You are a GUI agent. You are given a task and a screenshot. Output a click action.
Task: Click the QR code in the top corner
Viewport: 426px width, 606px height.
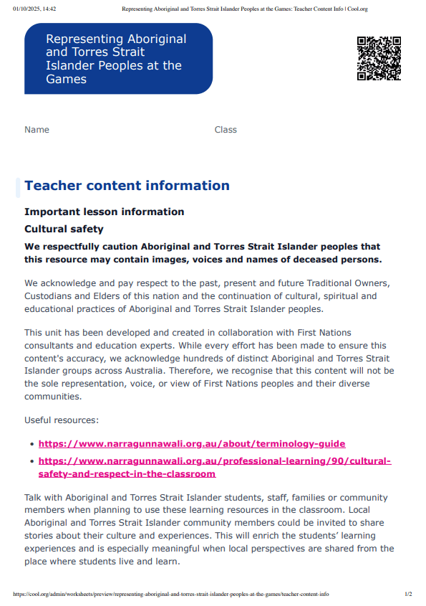coord(379,58)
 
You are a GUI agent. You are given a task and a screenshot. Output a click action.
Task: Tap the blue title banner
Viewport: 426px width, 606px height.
coord(118,59)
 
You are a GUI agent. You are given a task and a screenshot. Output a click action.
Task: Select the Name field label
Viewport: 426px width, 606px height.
coord(37,130)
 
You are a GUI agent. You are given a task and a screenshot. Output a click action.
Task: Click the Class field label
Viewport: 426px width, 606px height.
coord(226,130)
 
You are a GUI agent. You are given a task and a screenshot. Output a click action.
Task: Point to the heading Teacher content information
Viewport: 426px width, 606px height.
coord(127,186)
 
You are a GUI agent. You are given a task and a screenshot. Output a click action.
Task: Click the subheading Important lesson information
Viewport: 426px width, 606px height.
coord(104,212)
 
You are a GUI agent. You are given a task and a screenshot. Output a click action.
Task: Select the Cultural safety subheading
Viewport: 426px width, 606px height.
coord(64,229)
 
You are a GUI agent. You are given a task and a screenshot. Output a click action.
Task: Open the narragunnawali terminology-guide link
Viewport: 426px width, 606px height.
coord(192,444)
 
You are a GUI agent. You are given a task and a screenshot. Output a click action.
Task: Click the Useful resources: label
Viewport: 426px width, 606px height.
coord(62,420)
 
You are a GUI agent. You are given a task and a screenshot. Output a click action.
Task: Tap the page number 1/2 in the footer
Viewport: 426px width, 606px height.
coord(408,595)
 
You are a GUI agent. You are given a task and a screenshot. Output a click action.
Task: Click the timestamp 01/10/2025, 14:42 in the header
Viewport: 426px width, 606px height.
coord(34,8)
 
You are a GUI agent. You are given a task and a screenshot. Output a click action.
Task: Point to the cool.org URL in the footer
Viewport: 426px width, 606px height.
coord(171,595)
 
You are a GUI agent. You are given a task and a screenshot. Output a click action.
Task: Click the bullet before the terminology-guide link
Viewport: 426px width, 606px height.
coord(30,445)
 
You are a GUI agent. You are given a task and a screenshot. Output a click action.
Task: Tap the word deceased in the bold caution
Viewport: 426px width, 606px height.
coord(315,259)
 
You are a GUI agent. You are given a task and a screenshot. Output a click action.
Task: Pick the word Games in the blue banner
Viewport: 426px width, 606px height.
coord(66,79)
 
